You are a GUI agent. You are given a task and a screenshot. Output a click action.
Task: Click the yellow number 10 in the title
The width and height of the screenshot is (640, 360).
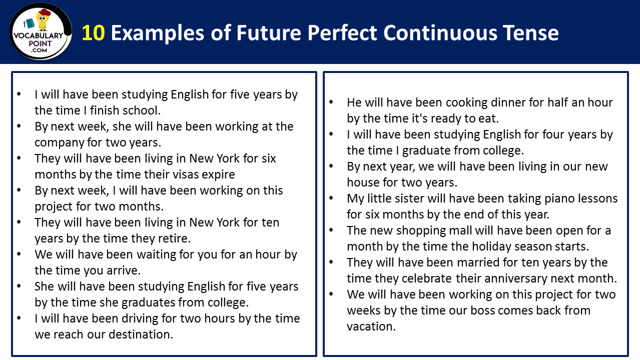[x=93, y=33]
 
